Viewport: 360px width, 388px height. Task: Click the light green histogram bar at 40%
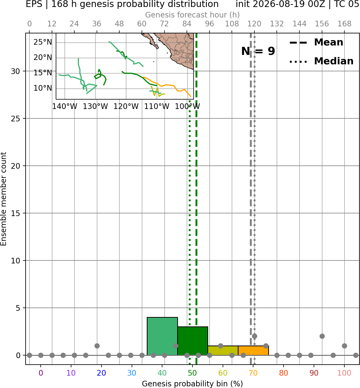click(162, 336)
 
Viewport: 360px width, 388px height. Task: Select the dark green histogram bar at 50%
click(193, 341)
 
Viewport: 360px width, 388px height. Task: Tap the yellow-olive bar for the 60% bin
click(223, 351)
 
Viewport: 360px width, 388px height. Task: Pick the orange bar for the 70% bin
click(253, 351)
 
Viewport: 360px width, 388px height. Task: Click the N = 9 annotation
click(258, 51)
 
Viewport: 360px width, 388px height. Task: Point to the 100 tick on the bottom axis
click(344, 373)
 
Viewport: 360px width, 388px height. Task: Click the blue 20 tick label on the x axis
click(101, 373)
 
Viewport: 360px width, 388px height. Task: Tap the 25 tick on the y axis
click(15, 119)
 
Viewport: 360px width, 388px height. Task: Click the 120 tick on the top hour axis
click(254, 24)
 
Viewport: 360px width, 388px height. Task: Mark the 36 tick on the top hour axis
click(97, 24)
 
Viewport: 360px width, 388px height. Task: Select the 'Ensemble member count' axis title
click(3, 199)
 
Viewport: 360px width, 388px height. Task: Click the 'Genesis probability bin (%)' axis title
click(193, 384)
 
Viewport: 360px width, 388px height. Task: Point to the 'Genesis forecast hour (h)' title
click(193, 15)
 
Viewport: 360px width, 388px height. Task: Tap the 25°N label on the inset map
click(43, 42)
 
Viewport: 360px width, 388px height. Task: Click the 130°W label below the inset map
click(95, 107)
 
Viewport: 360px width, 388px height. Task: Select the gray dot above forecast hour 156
click(322, 336)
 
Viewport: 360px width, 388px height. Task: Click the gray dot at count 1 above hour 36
click(97, 346)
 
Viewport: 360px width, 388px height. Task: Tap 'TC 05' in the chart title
click(346, 4)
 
